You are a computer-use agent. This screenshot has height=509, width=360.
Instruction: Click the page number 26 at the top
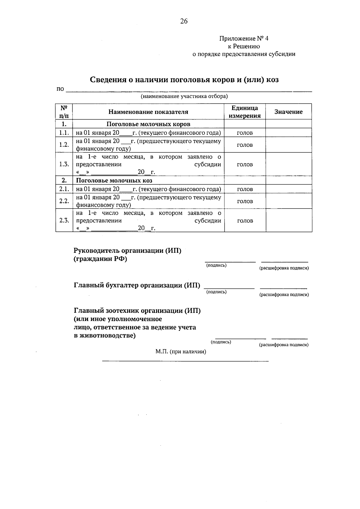[184, 21]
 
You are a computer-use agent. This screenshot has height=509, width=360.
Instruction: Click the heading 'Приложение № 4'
[244, 39]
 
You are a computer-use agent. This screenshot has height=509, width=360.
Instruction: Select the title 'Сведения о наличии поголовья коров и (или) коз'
[184, 80]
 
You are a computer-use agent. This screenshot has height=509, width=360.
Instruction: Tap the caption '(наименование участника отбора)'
[184, 96]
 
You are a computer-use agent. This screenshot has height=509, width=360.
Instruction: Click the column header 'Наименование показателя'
[148, 112]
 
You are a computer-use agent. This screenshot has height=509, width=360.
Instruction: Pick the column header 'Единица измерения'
[244, 112]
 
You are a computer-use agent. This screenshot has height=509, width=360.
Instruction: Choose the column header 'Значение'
[288, 112]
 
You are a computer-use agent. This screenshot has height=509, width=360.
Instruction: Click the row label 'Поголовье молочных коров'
[148, 124]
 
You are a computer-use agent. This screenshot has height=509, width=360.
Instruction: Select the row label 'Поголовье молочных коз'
[114, 180]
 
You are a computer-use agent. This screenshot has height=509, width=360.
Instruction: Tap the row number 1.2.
[64, 145]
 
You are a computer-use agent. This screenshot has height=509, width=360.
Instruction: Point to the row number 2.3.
[64, 221]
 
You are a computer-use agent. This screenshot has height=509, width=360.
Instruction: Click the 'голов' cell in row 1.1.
[244, 133]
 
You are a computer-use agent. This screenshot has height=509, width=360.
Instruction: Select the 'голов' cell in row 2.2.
[244, 201]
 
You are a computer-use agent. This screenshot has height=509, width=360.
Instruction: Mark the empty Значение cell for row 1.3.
[288, 164]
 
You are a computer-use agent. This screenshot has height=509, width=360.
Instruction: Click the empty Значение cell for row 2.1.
[288, 189]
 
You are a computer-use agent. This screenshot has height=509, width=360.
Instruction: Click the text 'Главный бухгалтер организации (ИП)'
[137, 285]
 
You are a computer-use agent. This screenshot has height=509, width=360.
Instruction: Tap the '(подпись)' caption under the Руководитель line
[216, 265]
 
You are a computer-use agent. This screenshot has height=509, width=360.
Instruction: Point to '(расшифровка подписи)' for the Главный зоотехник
[283, 345]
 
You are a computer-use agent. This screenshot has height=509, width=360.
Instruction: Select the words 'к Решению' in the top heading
[244, 47]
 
